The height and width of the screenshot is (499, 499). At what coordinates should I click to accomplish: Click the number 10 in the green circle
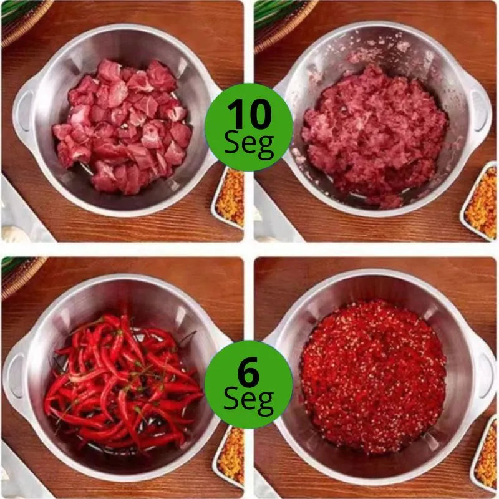tap(249, 115)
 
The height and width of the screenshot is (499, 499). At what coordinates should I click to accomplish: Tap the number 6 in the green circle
tap(248, 374)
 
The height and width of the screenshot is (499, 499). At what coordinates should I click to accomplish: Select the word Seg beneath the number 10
tap(249, 144)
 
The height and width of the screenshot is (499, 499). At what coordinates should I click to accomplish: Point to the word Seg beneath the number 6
tap(248, 402)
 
